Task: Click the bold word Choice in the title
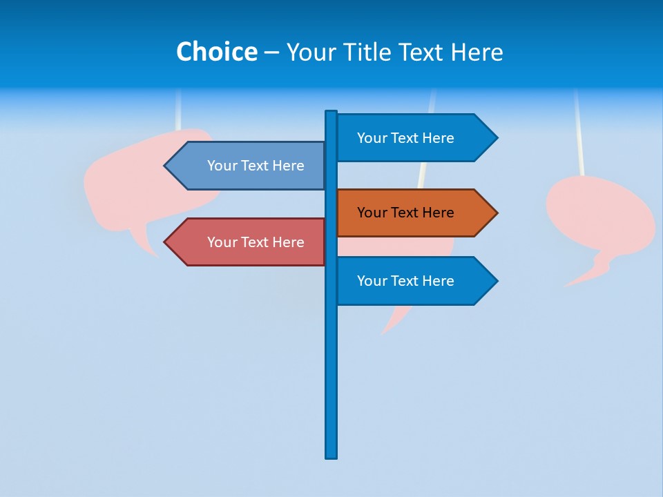tap(216, 52)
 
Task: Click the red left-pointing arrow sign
tap(249, 242)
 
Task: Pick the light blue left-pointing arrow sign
tap(249, 166)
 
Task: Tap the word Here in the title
tap(477, 52)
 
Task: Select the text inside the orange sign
tap(405, 213)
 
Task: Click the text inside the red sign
tap(256, 242)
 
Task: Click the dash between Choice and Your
tap(271, 52)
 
